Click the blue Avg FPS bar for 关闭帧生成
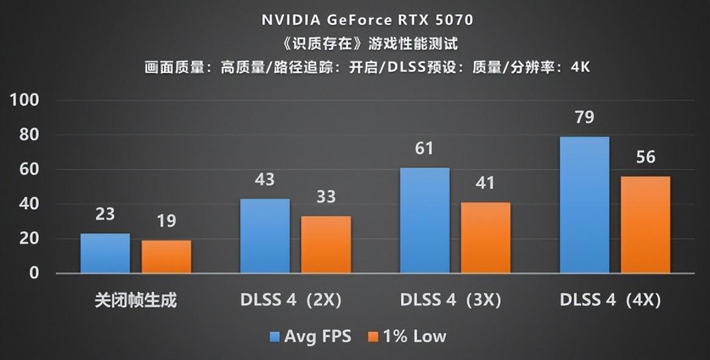click(105, 253)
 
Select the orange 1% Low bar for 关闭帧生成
click(167, 257)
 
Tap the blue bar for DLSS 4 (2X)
click(265, 236)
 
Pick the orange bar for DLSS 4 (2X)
click(326, 244)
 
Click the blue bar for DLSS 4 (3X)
click(425, 220)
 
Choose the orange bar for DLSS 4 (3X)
click(486, 238)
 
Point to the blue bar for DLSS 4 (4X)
click(584, 205)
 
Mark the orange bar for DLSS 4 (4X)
click(646, 224)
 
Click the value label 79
click(584, 117)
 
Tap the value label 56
click(646, 157)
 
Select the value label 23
click(105, 214)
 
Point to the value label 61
click(424, 148)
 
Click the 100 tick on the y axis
click(25, 100)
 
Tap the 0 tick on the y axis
click(34, 273)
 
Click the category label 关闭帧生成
click(136, 300)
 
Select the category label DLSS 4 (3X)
click(450, 300)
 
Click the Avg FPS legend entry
click(310, 336)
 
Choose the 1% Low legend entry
click(407, 336)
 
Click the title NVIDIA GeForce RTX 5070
click(367, 19)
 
